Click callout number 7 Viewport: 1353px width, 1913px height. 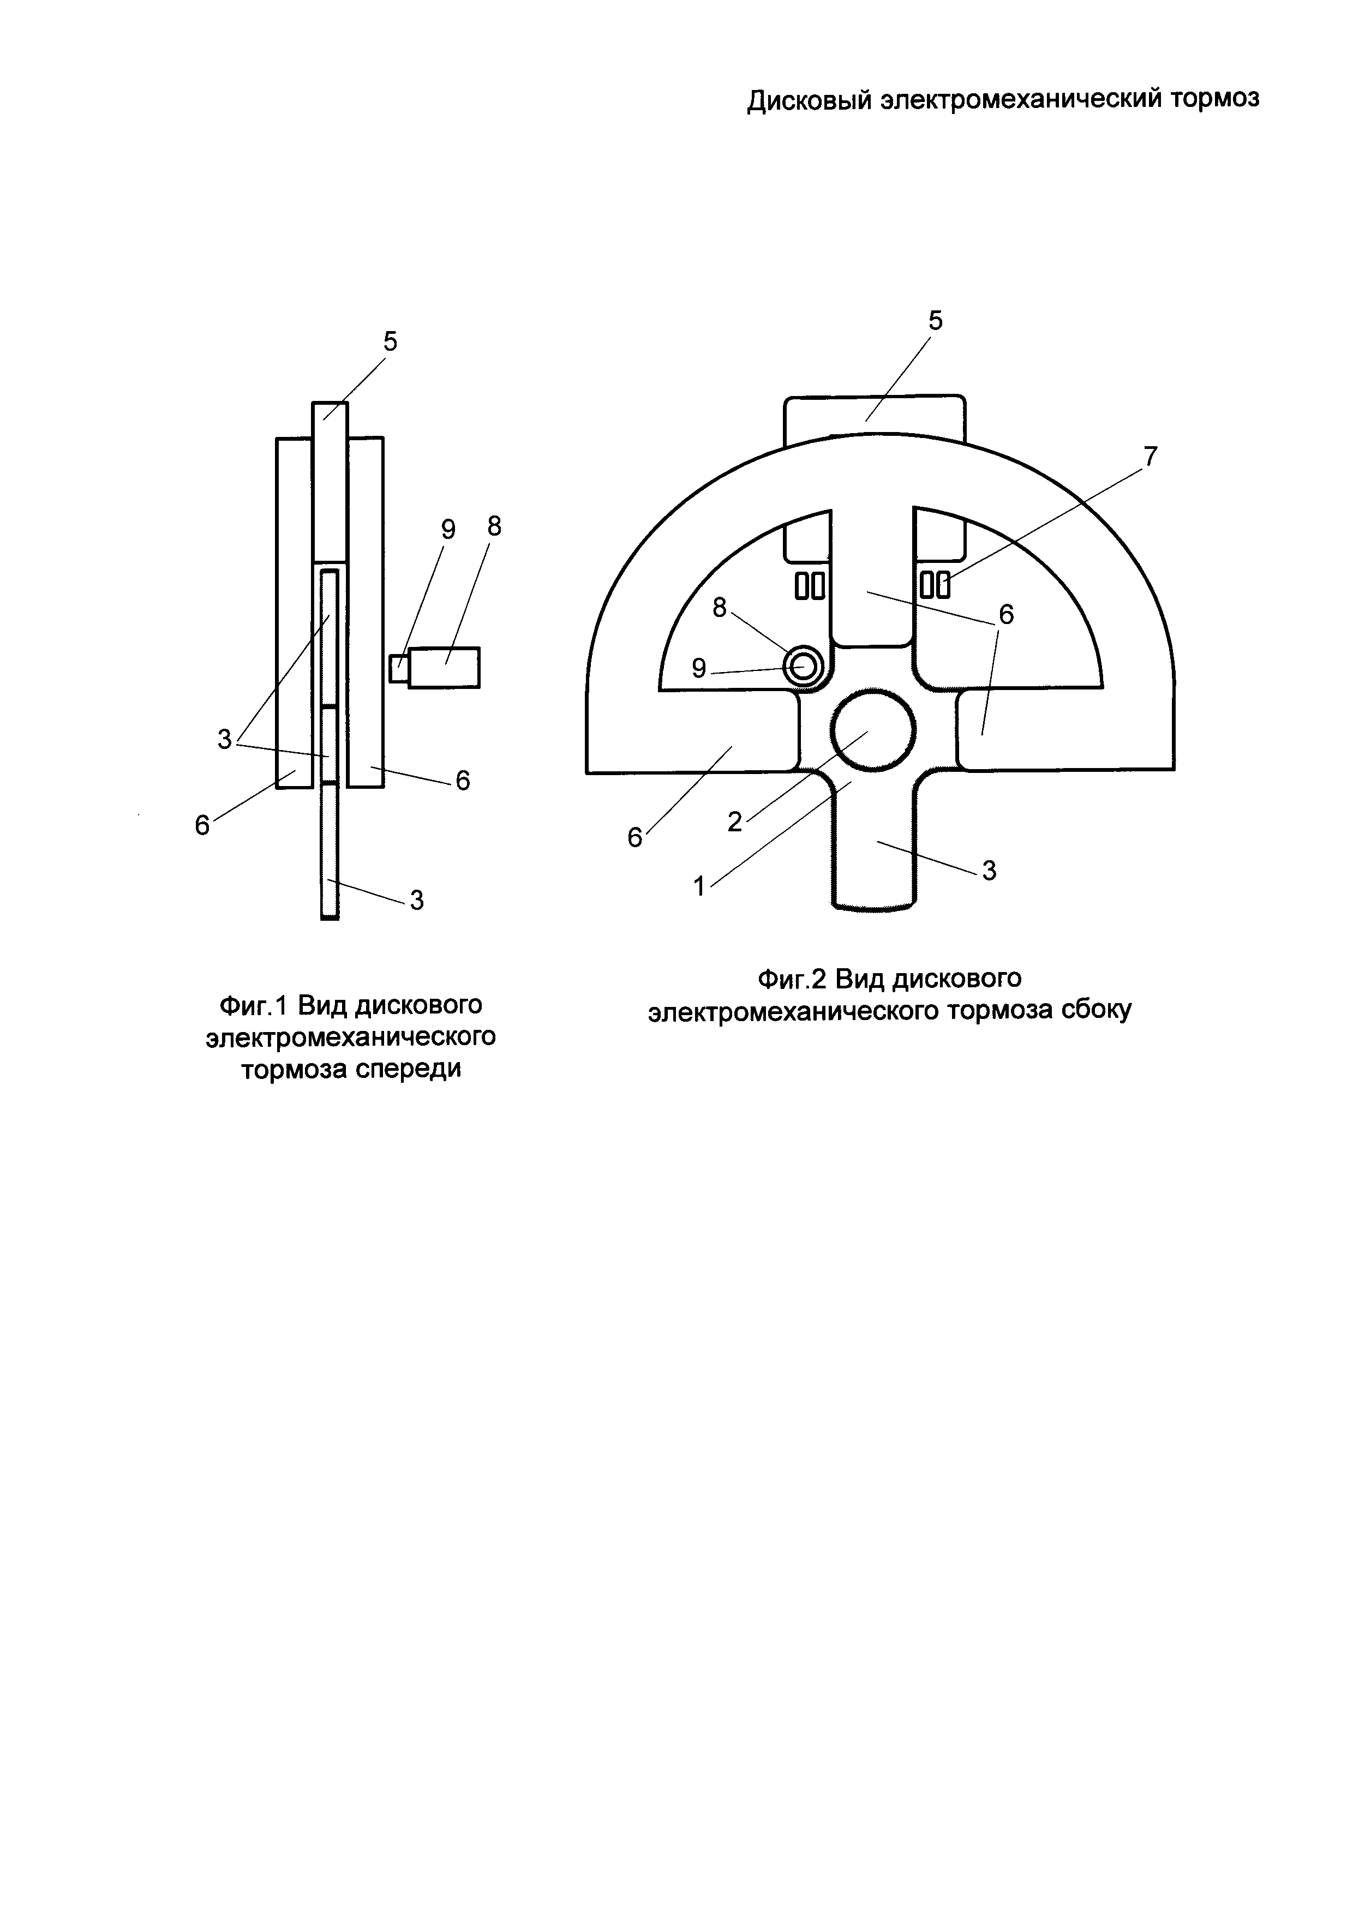[x=1150, y=456]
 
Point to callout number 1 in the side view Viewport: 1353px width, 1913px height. [x=700, y=886]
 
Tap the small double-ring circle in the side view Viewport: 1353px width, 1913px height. [x=803, y=667]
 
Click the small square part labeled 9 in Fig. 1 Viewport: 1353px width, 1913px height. [x=399, y=668]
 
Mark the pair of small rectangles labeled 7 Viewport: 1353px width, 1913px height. [x=935, y=585]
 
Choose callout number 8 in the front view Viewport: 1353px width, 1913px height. [x=495, y=526]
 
